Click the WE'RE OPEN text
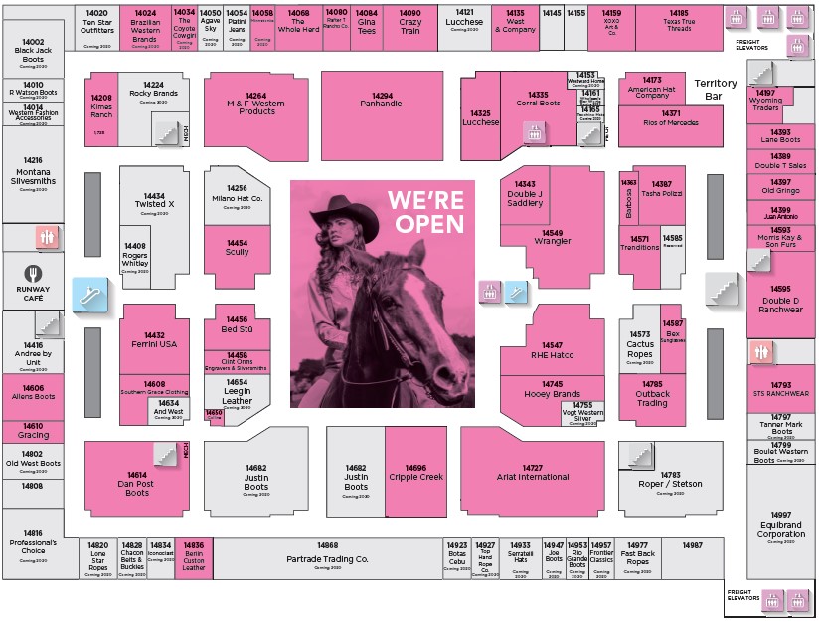point(425,209)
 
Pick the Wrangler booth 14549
point(553,238)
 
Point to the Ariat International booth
point(533,473)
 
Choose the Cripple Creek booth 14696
point(415,473)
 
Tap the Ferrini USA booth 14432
point(154,340)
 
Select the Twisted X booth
point(154,201)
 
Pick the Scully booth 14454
point(237,249)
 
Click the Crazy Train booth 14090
point(409,25)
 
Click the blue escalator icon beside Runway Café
point(86,294)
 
